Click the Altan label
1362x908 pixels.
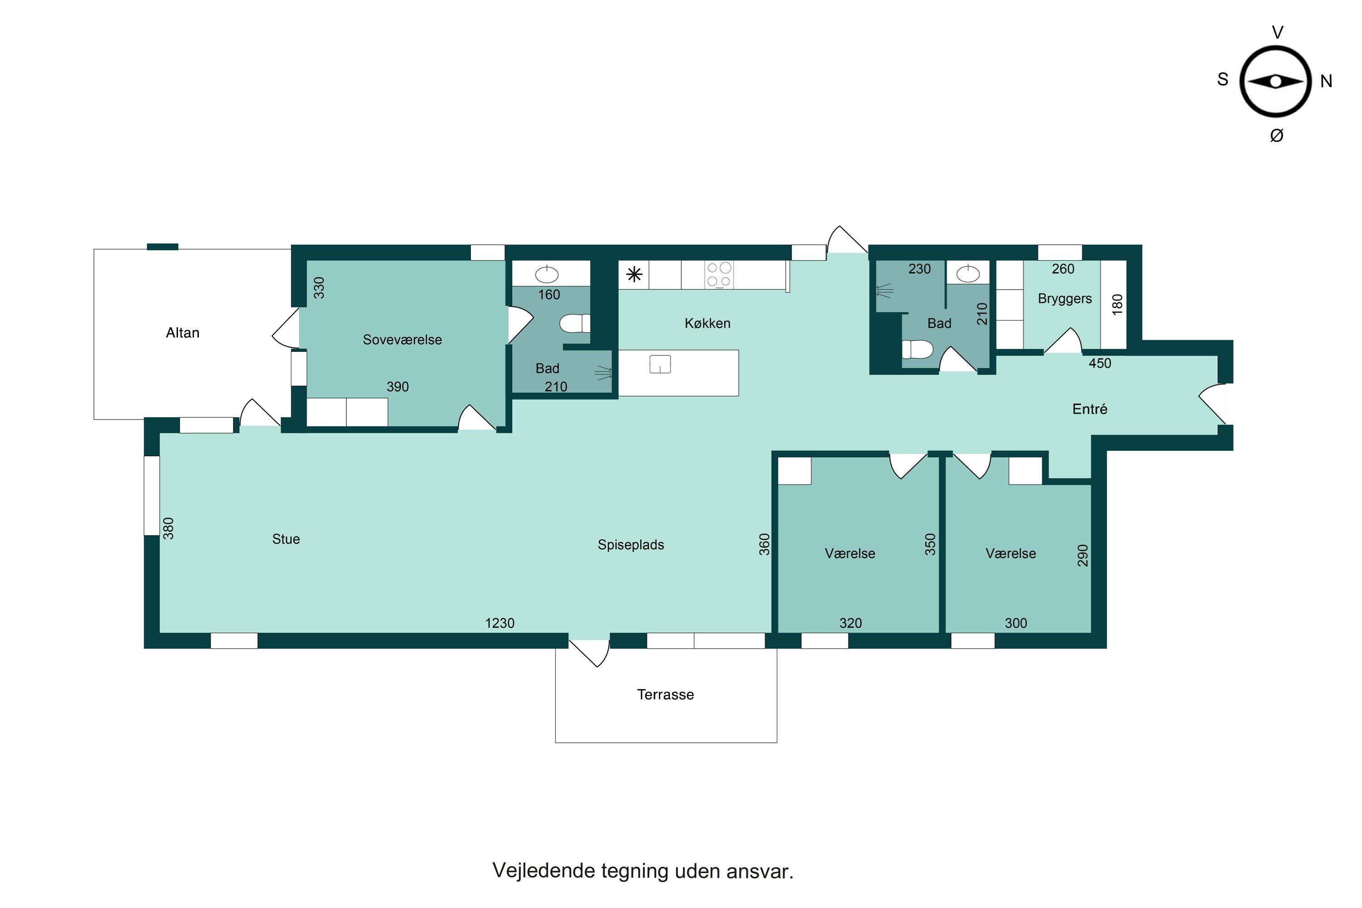pos(183,333)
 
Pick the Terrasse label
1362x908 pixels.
pos(666,694)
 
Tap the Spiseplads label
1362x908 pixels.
pos(631,545)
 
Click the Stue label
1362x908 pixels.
pos(286,539)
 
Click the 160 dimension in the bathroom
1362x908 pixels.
pos(549,295)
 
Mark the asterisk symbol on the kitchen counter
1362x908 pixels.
pos(635,275)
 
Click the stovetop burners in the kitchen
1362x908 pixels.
pos(719,275)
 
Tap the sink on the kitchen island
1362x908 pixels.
pos(660,364)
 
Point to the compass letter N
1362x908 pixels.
pos(1326,81)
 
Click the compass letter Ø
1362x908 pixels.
pos(1277,135)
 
